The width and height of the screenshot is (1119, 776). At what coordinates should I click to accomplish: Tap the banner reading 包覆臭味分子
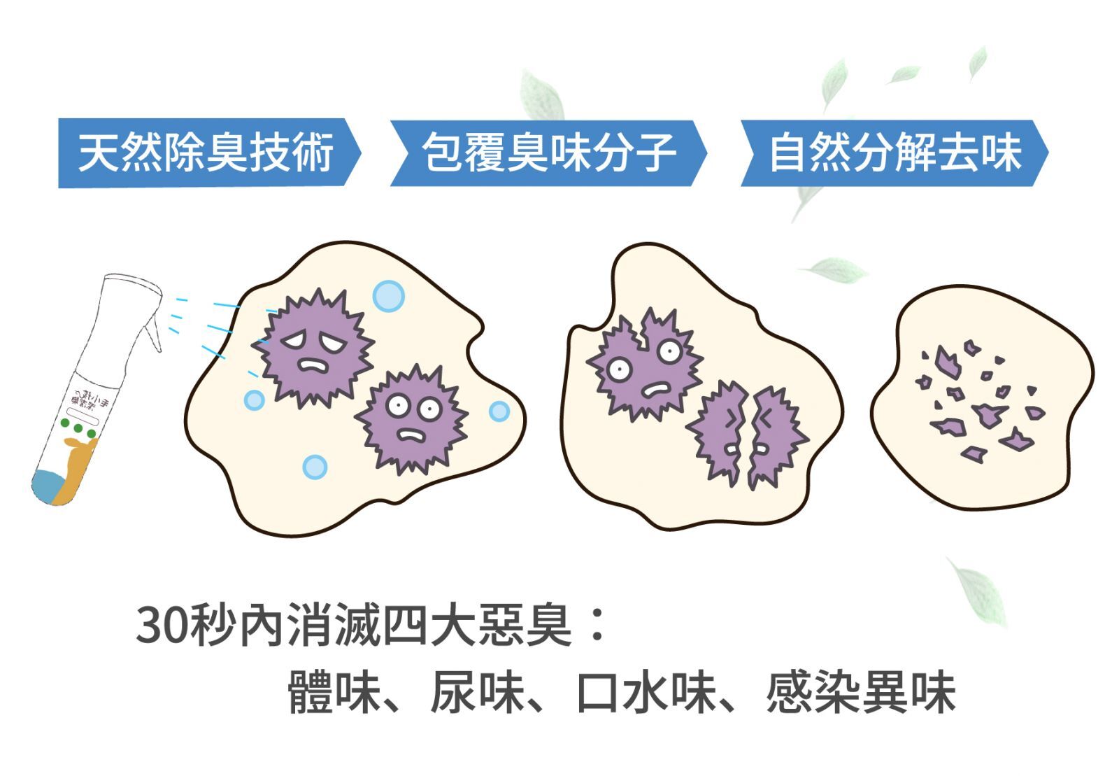(x=548, y=153)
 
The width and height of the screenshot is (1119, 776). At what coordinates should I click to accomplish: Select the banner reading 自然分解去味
(x=894, y=153)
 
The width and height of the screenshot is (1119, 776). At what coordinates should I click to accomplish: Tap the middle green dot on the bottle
(x=78, y=428)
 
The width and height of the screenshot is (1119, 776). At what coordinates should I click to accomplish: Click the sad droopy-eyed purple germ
(x=313, y=347)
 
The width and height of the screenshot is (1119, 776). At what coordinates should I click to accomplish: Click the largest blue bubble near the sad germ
(x=388, y=295)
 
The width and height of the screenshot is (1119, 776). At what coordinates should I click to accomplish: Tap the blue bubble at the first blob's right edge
(x=499, y=411)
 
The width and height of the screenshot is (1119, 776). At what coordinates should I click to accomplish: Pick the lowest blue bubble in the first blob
(x=315, y=466)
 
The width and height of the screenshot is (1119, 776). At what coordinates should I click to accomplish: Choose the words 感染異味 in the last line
(x=860, y=693)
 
